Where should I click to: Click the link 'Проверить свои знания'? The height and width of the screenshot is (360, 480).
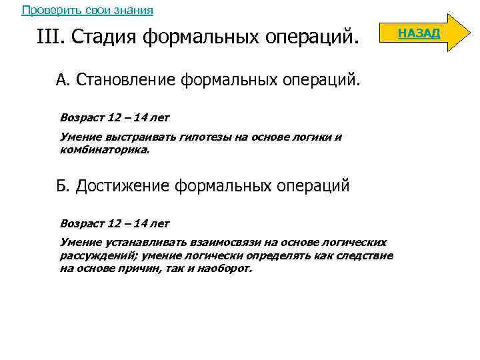(87, 10)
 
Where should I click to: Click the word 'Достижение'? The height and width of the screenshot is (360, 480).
(122, 185)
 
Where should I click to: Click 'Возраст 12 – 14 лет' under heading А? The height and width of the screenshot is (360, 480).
(115, 117)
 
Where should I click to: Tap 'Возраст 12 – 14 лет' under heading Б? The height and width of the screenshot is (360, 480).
(115, 223)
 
